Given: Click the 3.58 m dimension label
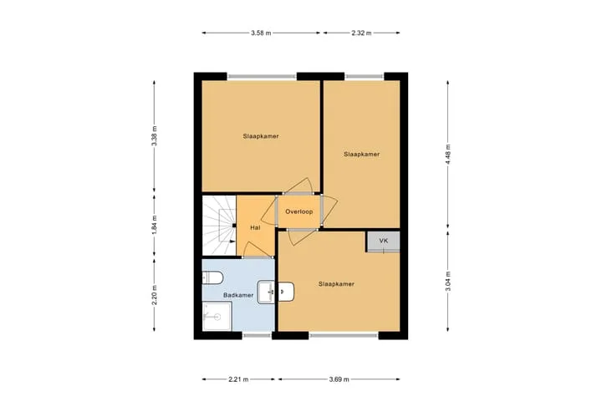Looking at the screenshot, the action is (261, 33).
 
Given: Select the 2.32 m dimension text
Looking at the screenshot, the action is (361, 33).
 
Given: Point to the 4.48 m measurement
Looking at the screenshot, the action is (447, 155).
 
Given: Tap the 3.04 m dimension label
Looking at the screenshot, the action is (447, 281).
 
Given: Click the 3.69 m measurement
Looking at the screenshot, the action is (339, 379).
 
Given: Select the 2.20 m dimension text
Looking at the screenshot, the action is (155, 295).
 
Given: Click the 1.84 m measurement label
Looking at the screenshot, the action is (155, 225).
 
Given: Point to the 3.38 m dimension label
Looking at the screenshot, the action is (155, 135).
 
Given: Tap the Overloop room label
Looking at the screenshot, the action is (299, 211).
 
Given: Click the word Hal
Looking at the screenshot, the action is (255, 227).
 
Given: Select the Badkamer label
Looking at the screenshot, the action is (238, 295).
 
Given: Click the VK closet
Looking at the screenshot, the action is (383, 242).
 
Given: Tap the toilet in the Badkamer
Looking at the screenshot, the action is (212, 277).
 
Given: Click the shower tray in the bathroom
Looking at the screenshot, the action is (217, 316).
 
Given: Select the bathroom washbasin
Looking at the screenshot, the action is (266, 292).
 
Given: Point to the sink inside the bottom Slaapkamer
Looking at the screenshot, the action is (286, 292).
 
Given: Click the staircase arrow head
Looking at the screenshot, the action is (232, 242).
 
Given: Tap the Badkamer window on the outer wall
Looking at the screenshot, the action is (258, 335).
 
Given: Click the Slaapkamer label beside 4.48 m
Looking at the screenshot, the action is (362, 155).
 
